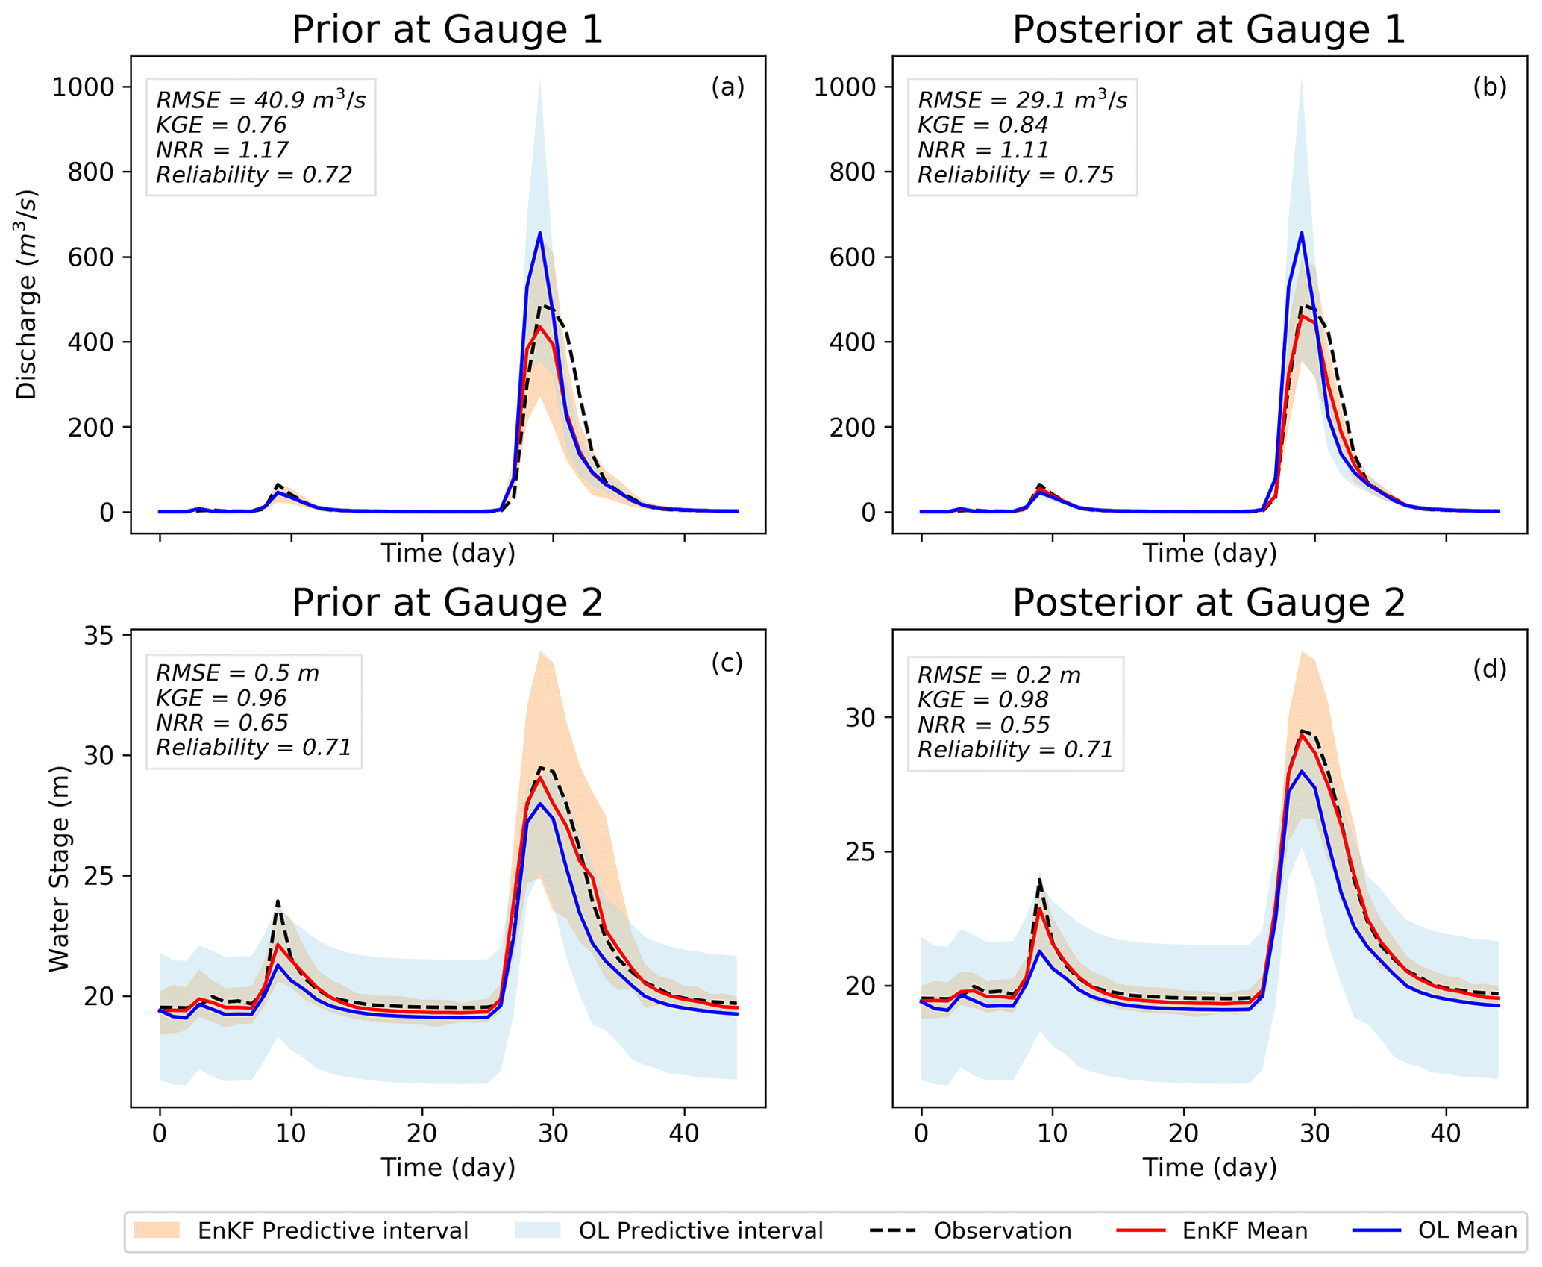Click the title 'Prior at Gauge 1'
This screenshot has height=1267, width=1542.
pos(447,31)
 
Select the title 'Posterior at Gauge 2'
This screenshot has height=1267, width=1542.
pos(1208,603)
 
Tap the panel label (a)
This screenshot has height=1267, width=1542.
pos(727,87)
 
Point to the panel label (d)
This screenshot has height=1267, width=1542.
pos(1489,669)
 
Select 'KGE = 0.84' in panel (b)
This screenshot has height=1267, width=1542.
pos(982,125)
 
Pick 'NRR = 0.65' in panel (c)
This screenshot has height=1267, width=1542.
pos(222,722)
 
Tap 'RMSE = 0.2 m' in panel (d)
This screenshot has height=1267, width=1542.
pos(998,675)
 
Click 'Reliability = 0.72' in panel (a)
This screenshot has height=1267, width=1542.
pos(254,175)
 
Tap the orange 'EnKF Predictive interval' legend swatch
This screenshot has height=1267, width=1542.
pos(157,1230)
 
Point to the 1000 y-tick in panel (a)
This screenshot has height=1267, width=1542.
pos(83,87)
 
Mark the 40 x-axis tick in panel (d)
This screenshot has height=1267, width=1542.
pos(1446,1133)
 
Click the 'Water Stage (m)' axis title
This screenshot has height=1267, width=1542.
pos(59,869)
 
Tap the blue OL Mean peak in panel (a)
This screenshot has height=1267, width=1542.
pos(539,234)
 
